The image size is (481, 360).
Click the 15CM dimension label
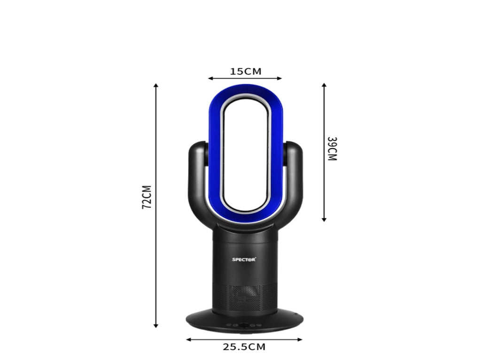tap(246, 71)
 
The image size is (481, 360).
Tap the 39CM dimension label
tap(332, 149)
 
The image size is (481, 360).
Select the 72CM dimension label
tap(147, 197)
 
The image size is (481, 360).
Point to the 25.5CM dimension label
tap(244, 347)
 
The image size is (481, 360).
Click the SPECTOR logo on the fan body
tap(244, 260)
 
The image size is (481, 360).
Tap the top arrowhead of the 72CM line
tap(156, 85)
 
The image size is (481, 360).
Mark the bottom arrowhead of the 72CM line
tap(156, 326)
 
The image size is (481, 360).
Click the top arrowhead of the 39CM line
tap(324, 85)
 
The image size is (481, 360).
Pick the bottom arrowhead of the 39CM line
tap(324, 220)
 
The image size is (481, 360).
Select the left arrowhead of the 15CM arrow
tap(210, 78)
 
